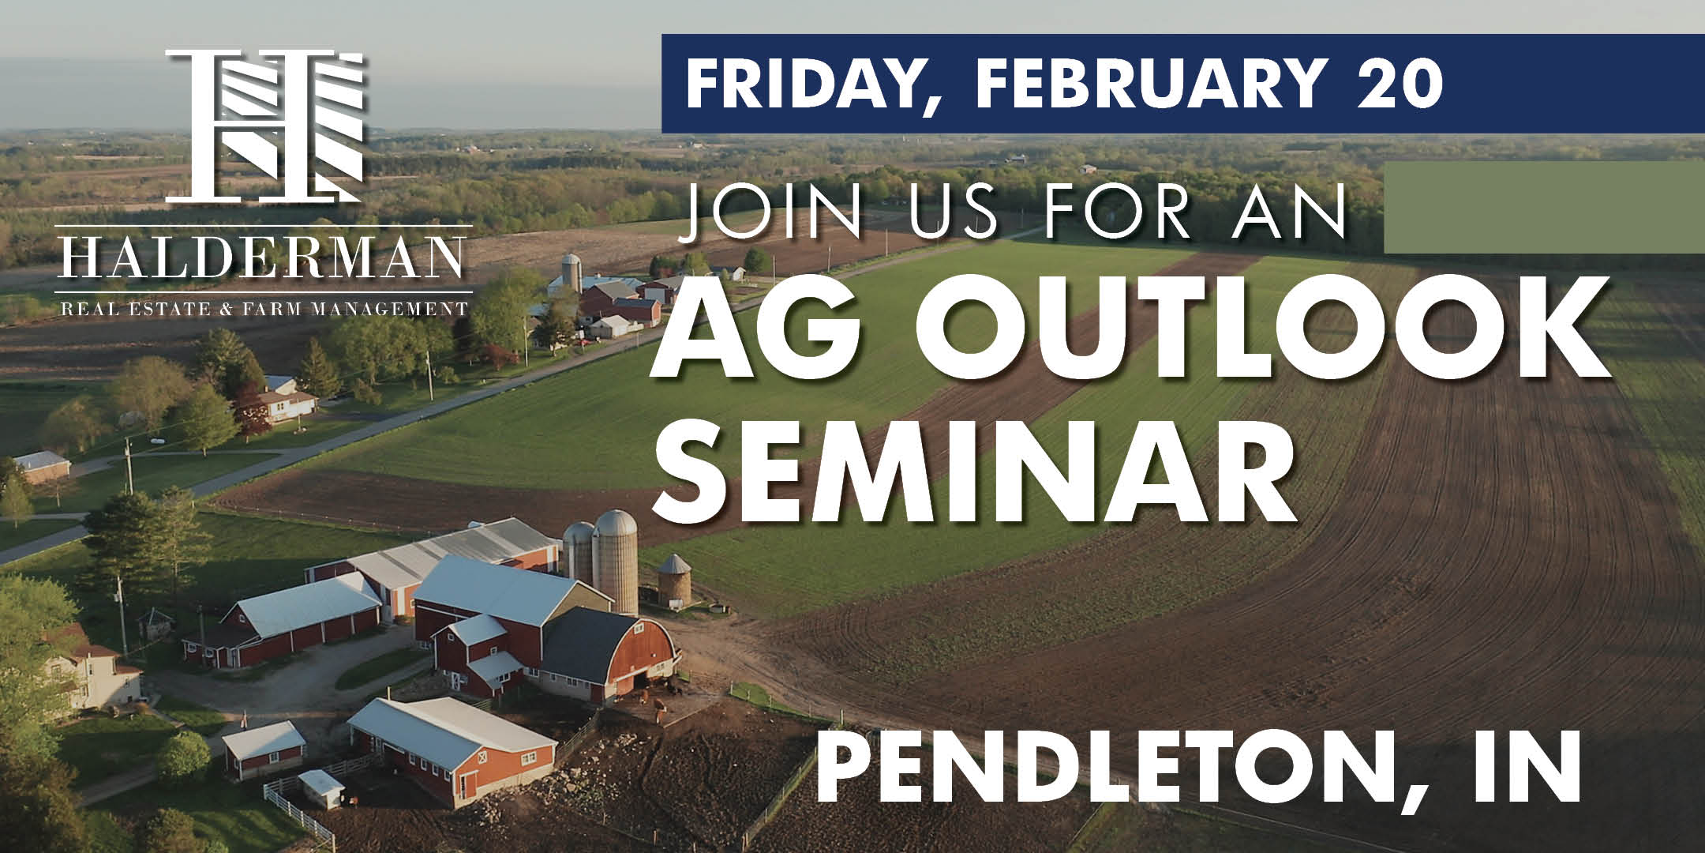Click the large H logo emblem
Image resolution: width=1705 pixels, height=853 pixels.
click(x=264, y=125)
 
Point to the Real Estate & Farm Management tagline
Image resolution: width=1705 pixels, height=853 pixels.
click(x=264, y=307)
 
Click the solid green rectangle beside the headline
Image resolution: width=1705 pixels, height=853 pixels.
click(x=1544, y=207)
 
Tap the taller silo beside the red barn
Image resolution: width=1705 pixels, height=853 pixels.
click(x=616, y=561)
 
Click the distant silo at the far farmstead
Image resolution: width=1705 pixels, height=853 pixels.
click(x=570, y=272)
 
